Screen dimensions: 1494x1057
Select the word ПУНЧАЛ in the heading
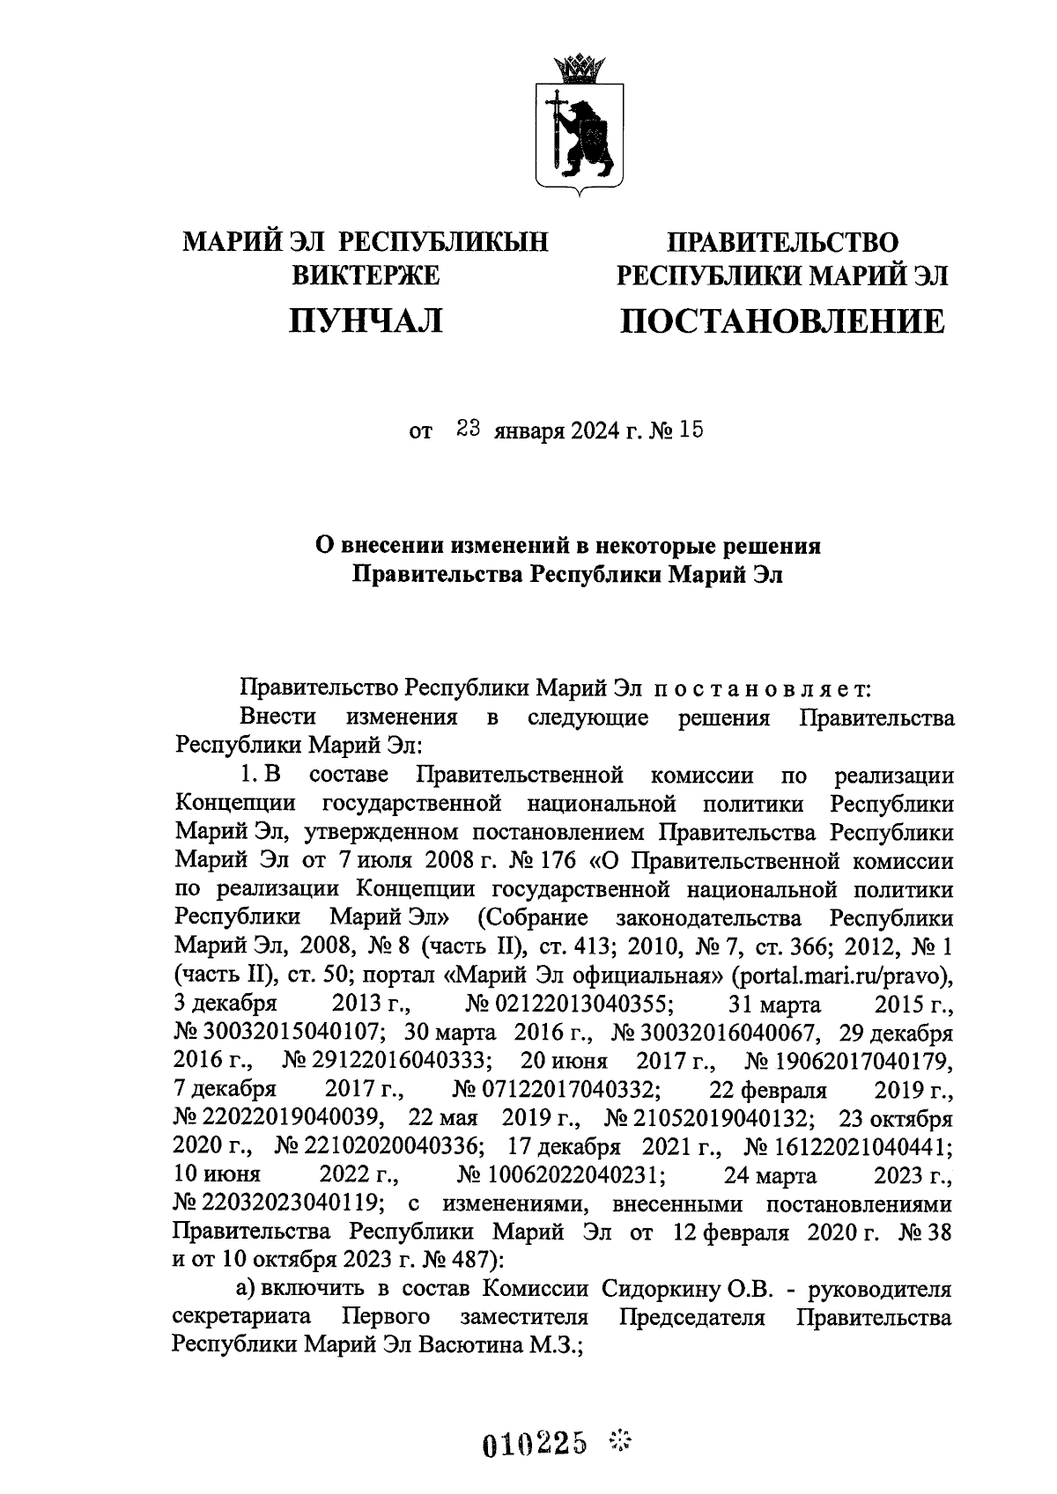pos(366,321)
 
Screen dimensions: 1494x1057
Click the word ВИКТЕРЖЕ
pos(366,277)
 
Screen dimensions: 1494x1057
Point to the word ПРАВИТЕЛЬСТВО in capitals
pos(782,240)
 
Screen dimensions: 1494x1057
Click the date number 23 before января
pos(467,431)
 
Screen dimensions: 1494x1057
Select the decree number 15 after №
pos(692,431)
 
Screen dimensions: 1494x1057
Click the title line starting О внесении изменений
pos(568,546)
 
